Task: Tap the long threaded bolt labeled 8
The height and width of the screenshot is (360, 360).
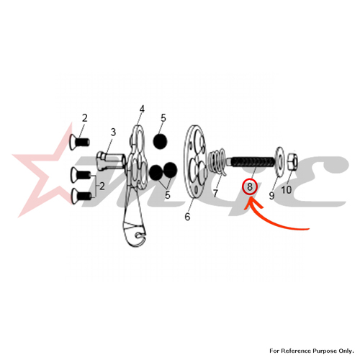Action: coord(251,161)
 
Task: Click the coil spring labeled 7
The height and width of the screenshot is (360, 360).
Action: coord(217,161)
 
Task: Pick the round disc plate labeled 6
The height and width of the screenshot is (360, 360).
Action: coord(196,161)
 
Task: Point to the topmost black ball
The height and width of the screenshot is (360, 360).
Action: coord(160,141)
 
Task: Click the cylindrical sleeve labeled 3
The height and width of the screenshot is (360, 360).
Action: coord(112,161)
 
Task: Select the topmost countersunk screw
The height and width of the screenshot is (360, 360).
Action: coord(79,142)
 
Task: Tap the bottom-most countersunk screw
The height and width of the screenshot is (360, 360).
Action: coord(81,196)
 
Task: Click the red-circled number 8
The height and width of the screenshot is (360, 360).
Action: coord(250,186)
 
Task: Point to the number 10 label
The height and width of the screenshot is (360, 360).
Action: coord(286,190)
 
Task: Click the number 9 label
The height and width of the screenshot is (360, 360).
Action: coord(271,196)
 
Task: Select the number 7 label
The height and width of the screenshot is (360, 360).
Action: coord(215,193)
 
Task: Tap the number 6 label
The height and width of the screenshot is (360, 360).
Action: coord(187,217)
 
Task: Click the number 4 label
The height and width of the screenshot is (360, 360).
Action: coord(142,109)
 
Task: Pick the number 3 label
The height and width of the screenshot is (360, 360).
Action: coord(113,132)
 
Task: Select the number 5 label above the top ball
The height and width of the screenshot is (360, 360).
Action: coord(163,118)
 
